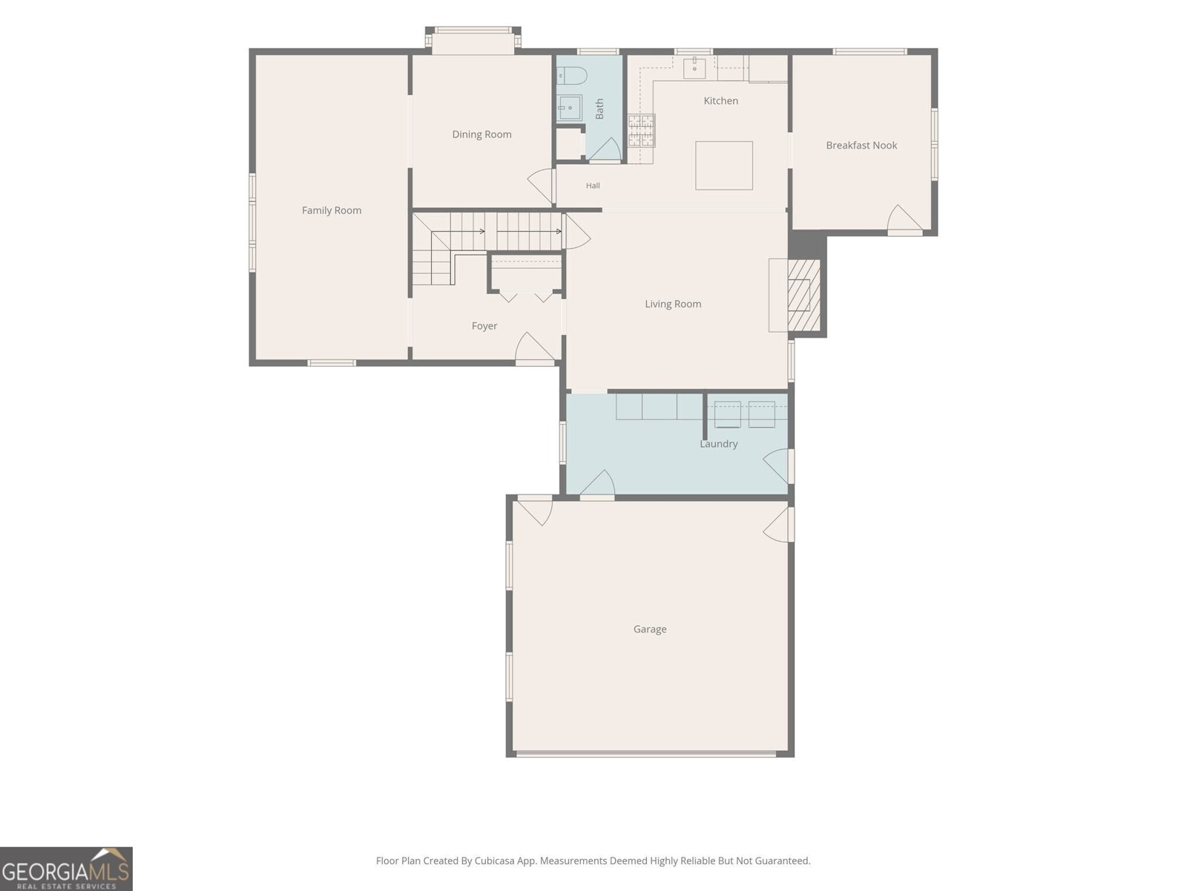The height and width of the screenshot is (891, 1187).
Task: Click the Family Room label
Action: tap(332, 210)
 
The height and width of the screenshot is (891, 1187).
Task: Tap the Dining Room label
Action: tap(481, 134)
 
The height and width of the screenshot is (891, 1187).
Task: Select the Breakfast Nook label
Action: tap(861, 145)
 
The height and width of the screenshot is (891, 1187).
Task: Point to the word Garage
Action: tap(650, 629)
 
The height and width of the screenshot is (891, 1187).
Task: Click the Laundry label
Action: tap(719, 443)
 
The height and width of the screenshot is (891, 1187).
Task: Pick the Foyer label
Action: tap(484, 326)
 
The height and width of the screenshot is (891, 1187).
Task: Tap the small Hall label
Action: tap(593, 186)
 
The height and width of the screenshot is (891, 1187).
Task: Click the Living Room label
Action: tap(673, 304)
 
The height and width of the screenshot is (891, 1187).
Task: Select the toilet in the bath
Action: tap(572, 76)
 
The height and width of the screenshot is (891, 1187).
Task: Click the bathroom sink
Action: tap(570, 107)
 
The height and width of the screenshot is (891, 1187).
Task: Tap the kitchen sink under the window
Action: tap(694, 68)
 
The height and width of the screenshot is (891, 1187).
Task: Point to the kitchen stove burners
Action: tap(642, 131)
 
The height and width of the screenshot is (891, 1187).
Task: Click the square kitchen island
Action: tap(723, 166)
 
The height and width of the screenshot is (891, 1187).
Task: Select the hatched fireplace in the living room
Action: tap(803, 296)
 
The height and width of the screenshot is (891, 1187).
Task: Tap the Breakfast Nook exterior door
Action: tap(904, 218)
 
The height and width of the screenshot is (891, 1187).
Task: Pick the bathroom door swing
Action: tap(605, 149)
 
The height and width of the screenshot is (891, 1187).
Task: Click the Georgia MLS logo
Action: tap(66, 869)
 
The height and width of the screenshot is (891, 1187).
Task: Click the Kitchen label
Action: tap(721, 101)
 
